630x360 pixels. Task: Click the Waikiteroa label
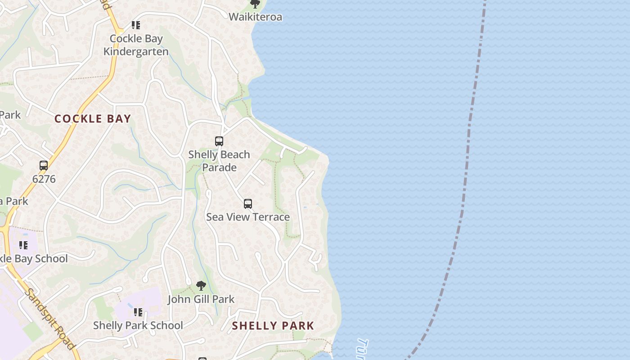(x=255, y=17)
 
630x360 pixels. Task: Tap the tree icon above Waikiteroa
(x=255, y=4)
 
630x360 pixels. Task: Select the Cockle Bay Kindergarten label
(x=136, y=45)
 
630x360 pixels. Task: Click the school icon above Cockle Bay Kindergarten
(x=135, y=25)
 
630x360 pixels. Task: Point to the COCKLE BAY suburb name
(x=93, y=119)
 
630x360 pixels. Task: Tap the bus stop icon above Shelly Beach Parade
(x=219, y=141)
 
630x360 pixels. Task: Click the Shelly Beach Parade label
(x=219, y=161)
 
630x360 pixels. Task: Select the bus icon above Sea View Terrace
(x=248, y=204)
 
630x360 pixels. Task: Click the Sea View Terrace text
(x=248, y=217)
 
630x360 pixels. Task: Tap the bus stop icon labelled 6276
(x=44, y=166)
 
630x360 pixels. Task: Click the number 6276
(x=44, y=179)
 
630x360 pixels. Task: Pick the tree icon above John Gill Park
(x=201, y=286)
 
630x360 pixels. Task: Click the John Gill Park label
(x=201, y=299)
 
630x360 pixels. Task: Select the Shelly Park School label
(x=138, y=325)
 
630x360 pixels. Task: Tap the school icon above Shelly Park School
(x=138, y=312)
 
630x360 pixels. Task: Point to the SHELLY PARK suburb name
(x=273, y=326)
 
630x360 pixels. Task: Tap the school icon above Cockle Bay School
(x=23, y=245)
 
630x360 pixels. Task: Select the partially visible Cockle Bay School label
(x=34, y=259)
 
